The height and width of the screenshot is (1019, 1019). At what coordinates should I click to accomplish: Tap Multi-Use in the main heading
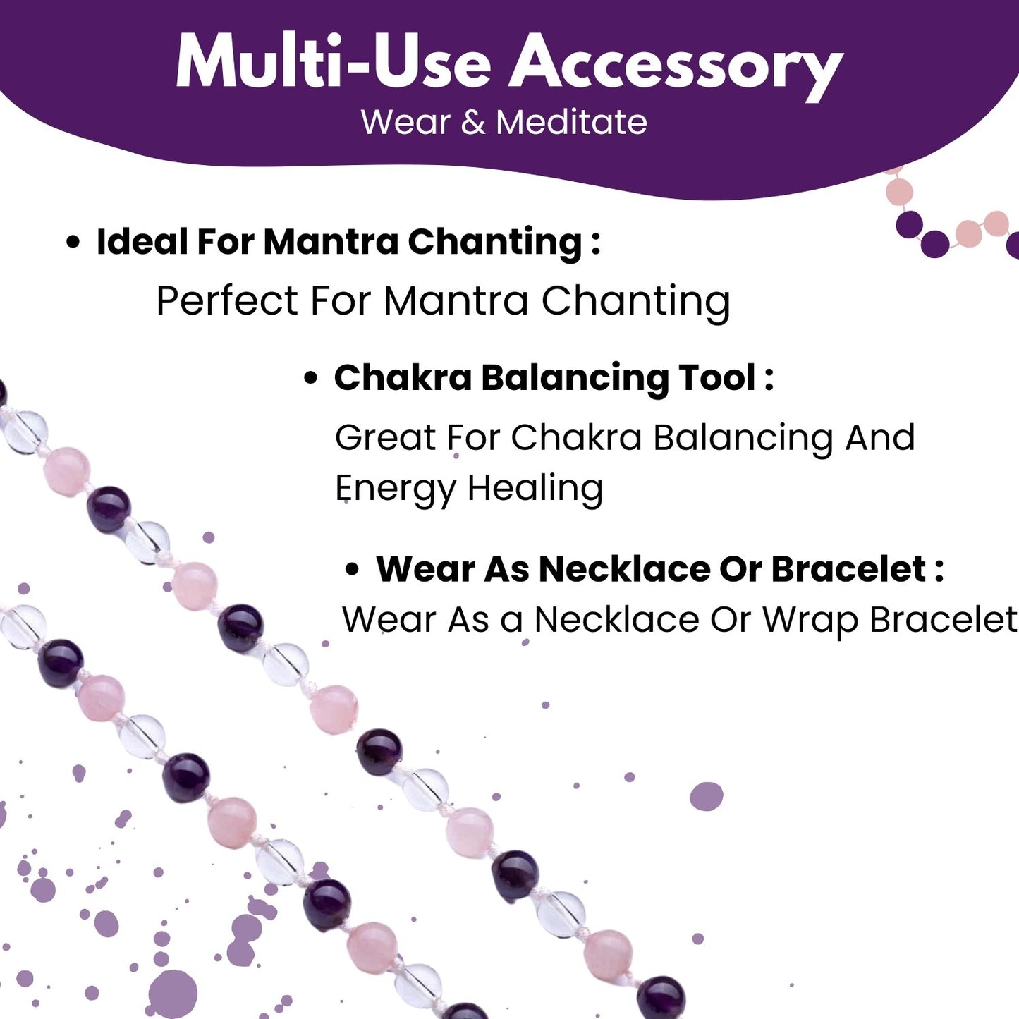334,61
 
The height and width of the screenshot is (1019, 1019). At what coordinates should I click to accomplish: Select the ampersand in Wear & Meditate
472,123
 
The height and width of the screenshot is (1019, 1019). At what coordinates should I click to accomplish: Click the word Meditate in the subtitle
571,122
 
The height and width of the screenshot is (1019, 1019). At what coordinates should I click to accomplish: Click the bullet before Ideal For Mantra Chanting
73,242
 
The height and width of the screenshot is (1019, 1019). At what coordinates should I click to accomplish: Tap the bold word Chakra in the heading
403,377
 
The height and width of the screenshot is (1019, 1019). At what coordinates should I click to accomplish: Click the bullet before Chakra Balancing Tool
311,379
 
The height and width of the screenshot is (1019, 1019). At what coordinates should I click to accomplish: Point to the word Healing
535,487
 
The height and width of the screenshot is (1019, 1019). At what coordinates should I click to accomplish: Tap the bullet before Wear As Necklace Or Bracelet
352,570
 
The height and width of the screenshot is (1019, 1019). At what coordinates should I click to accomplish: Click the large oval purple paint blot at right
707,796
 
